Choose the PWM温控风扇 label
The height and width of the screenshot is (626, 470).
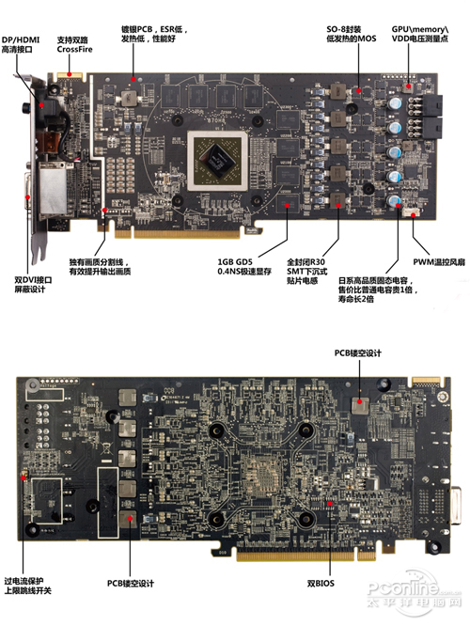[x=439, y=260]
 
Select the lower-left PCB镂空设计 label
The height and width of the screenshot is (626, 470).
[x=130, y=583]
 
